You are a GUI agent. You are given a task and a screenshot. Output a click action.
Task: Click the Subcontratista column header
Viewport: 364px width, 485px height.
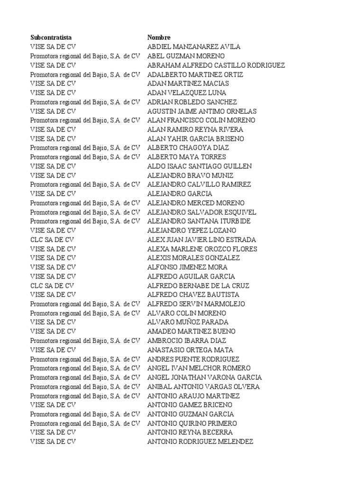click(51, 37)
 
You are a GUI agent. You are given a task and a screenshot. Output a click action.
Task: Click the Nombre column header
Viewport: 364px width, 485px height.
click(159, 37)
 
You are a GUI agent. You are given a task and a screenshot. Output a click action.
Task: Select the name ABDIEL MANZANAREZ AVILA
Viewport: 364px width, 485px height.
click(194, 46)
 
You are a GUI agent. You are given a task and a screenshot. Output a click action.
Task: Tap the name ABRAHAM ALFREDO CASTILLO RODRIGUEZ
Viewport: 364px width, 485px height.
click(216, 65)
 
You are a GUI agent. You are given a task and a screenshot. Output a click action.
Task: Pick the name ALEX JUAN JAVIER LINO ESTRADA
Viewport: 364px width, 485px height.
click(201, 240)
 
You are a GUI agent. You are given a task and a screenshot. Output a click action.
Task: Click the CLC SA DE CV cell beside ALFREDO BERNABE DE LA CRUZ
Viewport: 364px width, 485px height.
click(52, 286)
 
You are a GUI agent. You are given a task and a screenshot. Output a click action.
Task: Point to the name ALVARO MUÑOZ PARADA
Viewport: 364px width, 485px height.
click(188, 322)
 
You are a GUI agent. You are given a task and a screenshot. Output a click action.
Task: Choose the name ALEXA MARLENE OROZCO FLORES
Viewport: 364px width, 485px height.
click(202, 249)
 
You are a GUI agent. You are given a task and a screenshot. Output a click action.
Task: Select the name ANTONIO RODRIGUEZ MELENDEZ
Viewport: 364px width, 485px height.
click(200, 441)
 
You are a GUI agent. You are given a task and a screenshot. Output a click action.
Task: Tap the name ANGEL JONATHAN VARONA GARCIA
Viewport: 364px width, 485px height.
click(204, 377)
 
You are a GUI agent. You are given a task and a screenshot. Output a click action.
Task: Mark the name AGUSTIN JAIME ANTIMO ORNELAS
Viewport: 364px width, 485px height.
click(202, 111)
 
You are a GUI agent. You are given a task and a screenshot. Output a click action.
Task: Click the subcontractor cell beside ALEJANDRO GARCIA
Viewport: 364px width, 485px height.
click(53, 194)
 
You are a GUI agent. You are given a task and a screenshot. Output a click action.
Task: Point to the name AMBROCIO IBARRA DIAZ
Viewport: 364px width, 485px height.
click(187, 341)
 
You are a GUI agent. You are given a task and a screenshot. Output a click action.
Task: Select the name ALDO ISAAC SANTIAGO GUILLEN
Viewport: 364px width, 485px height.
click(200, 166)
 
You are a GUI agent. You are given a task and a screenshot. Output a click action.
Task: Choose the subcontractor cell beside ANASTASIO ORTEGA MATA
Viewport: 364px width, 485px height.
click(53, 350)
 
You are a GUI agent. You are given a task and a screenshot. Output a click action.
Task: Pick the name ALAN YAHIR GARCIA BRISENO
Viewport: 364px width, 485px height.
click(196, 139)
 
